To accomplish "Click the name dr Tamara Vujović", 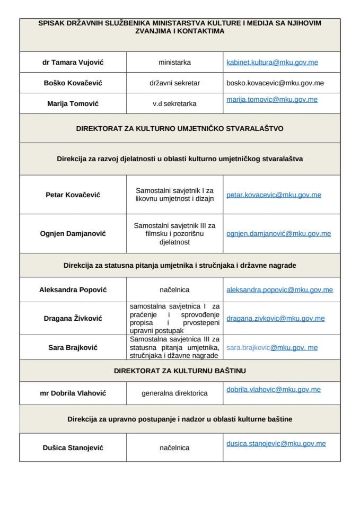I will click(x=73, y=62).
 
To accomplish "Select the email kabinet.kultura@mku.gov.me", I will click(x=272, y=62).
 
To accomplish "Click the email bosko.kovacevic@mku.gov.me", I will click(x=275, y=83).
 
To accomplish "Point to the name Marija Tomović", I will click(x=73, y=103).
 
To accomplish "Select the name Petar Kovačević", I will click(x=73, y=195).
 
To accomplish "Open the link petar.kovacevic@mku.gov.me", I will click(x=274, y=195).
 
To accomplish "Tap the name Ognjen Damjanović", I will click(x=73, y=233).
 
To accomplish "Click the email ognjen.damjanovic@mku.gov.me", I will click(x=278, y=233).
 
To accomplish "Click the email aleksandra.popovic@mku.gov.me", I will click(x=279, y=290).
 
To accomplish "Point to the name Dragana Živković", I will click(x=73, y=318).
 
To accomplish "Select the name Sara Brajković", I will click(x=73, y=347).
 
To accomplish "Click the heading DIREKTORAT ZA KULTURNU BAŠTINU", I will click(x=180, y=370).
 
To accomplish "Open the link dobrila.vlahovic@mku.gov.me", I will click(x=273, y=389).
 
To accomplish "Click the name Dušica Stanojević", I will click(x=73, y=447).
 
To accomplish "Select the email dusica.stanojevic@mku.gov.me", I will click(x=276, y=443).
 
